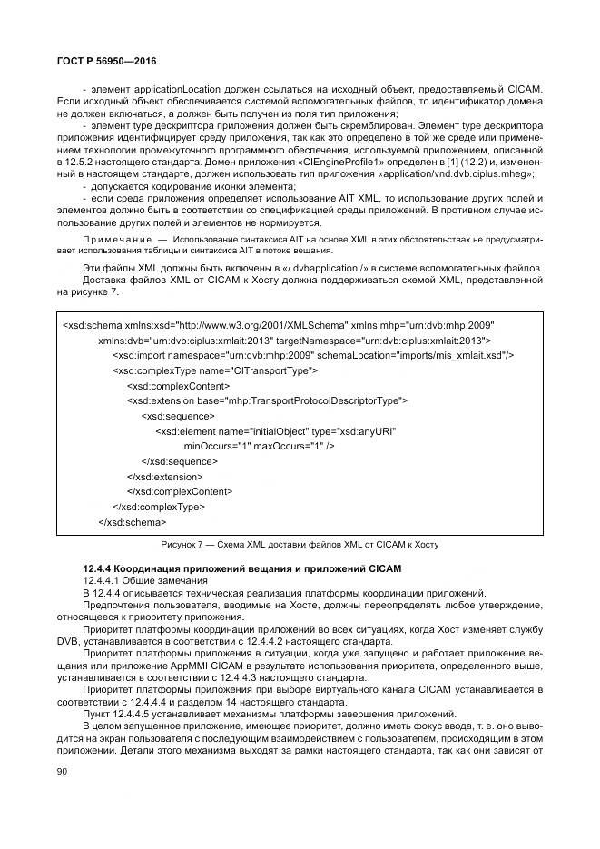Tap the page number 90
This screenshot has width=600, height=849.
coord(62,772)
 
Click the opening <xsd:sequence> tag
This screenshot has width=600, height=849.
coord(179,416)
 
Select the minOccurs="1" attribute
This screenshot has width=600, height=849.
coord(216,447)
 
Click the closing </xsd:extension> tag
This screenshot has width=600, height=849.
coord(164,477)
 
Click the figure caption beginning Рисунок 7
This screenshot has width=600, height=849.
coord(299,544)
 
